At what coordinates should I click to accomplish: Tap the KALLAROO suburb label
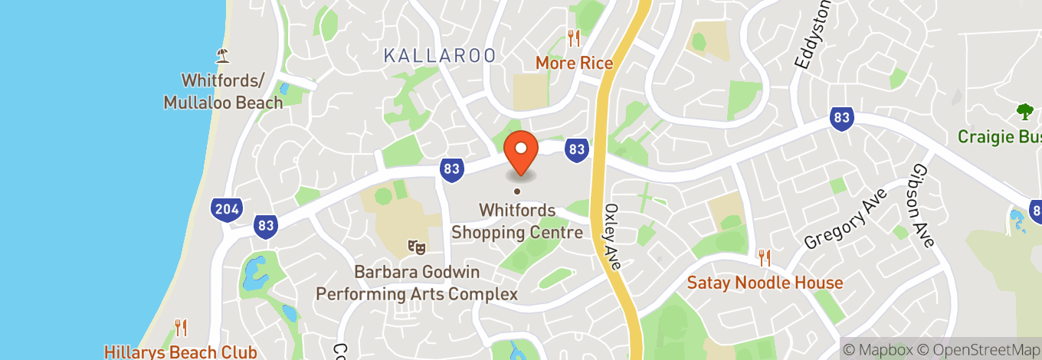[x=439, y=55]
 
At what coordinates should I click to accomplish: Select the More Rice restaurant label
[x=575, y=63]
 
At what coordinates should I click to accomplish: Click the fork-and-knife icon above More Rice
[x=573, y=38]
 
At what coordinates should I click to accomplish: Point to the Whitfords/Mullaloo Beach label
[x=223, y=90]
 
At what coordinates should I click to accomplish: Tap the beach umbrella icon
[x=223, y=54]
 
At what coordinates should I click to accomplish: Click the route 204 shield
[x=228, y=209]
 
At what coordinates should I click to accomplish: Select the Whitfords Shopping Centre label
[x=517, y=221]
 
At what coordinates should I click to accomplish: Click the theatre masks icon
[x=417, y=247]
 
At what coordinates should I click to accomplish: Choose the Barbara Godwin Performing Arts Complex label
[x=417, y=283]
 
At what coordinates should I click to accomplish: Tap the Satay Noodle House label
[x=765, y=283]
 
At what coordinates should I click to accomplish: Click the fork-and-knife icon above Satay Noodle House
[x=764, y=257]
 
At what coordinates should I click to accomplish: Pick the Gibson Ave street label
[x=924, y=206]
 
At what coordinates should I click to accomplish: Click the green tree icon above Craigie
[x=1025, y=113]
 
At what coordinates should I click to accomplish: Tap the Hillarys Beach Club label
[x=181, y=352]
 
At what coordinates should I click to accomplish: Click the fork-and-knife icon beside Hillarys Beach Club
[x=181, y=328]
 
